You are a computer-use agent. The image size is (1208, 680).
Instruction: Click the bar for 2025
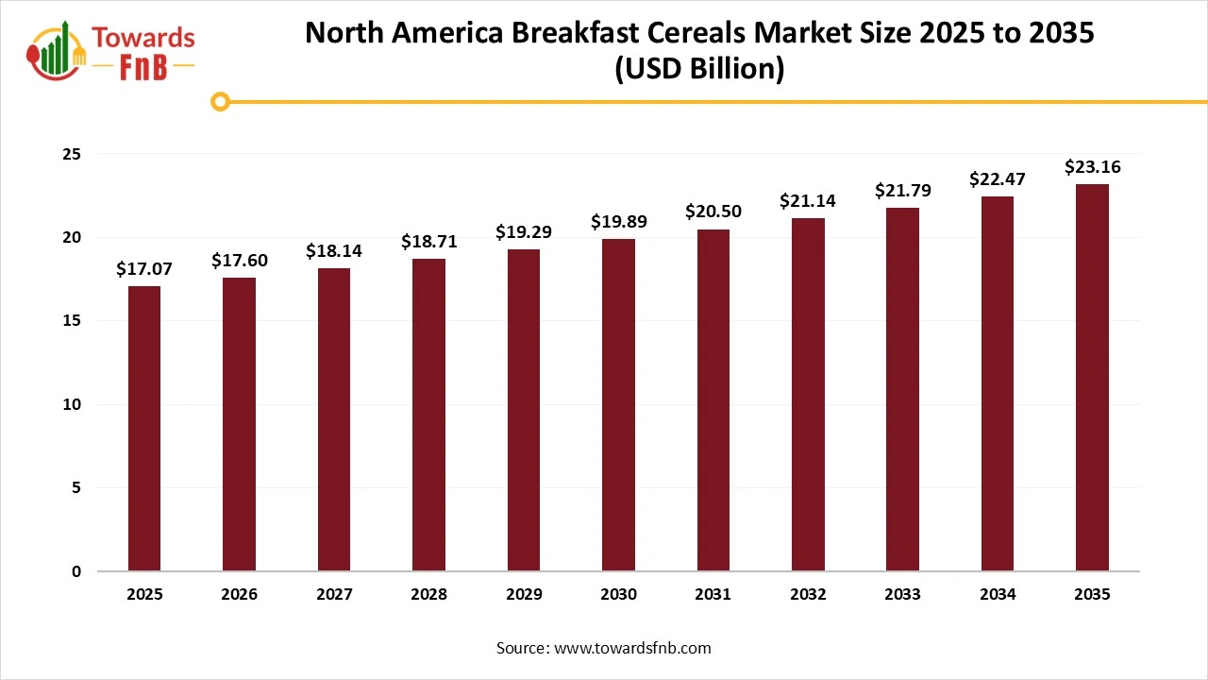[x=144, y=429]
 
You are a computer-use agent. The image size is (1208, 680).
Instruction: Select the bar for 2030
[x=618, y=405]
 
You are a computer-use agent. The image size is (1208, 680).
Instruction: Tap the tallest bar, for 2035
[x=1092, y=378]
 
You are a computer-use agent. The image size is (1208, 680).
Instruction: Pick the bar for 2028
[x=428, y=415]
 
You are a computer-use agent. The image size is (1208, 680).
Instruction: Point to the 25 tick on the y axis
[x=72, y=154]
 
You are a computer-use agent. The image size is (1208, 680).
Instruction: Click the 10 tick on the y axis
[x=72, y=404]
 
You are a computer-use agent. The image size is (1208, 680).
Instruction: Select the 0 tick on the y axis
[x=76, y=571]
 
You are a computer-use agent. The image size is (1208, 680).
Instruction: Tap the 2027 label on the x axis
[x=334, y=595]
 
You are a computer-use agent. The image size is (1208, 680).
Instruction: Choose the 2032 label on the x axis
[x=808, y=595]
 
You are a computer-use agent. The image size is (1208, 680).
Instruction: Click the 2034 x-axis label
[x=998, y=595]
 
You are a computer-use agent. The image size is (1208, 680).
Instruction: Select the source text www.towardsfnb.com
[x=632, y=648]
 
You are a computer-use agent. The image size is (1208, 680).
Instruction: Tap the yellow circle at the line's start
[x=221, y=101]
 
